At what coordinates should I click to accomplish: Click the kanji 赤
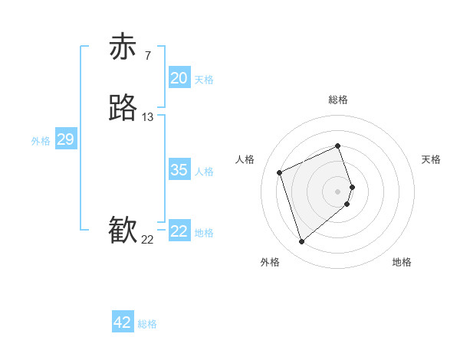point(123,47)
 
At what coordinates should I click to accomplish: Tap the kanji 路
point(123,108)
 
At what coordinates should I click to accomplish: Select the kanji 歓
point(123,231)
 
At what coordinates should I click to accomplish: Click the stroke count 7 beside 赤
point(147,55)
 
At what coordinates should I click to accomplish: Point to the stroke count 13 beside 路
point(147,117)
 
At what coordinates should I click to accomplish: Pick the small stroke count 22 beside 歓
point(147,240)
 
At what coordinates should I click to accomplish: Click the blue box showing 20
point(179,77)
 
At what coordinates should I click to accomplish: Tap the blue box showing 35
point(179,169)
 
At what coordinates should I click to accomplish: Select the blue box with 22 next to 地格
point(179,231)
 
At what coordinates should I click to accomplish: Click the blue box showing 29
point(65,139)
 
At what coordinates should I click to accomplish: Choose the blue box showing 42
point(123,322)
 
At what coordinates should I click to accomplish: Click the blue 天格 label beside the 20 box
point(203,80)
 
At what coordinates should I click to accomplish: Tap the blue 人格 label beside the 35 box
point(203,172)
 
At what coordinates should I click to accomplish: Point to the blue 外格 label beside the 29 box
point(41,141)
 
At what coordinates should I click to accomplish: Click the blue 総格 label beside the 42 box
point(147,325)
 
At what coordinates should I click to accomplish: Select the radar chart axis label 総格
point(338,100)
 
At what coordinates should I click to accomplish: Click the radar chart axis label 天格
point(431,159)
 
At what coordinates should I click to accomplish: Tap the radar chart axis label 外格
point(270,262)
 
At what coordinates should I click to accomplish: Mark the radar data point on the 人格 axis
point(281,172)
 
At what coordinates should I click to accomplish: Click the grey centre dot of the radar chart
point(338,190)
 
